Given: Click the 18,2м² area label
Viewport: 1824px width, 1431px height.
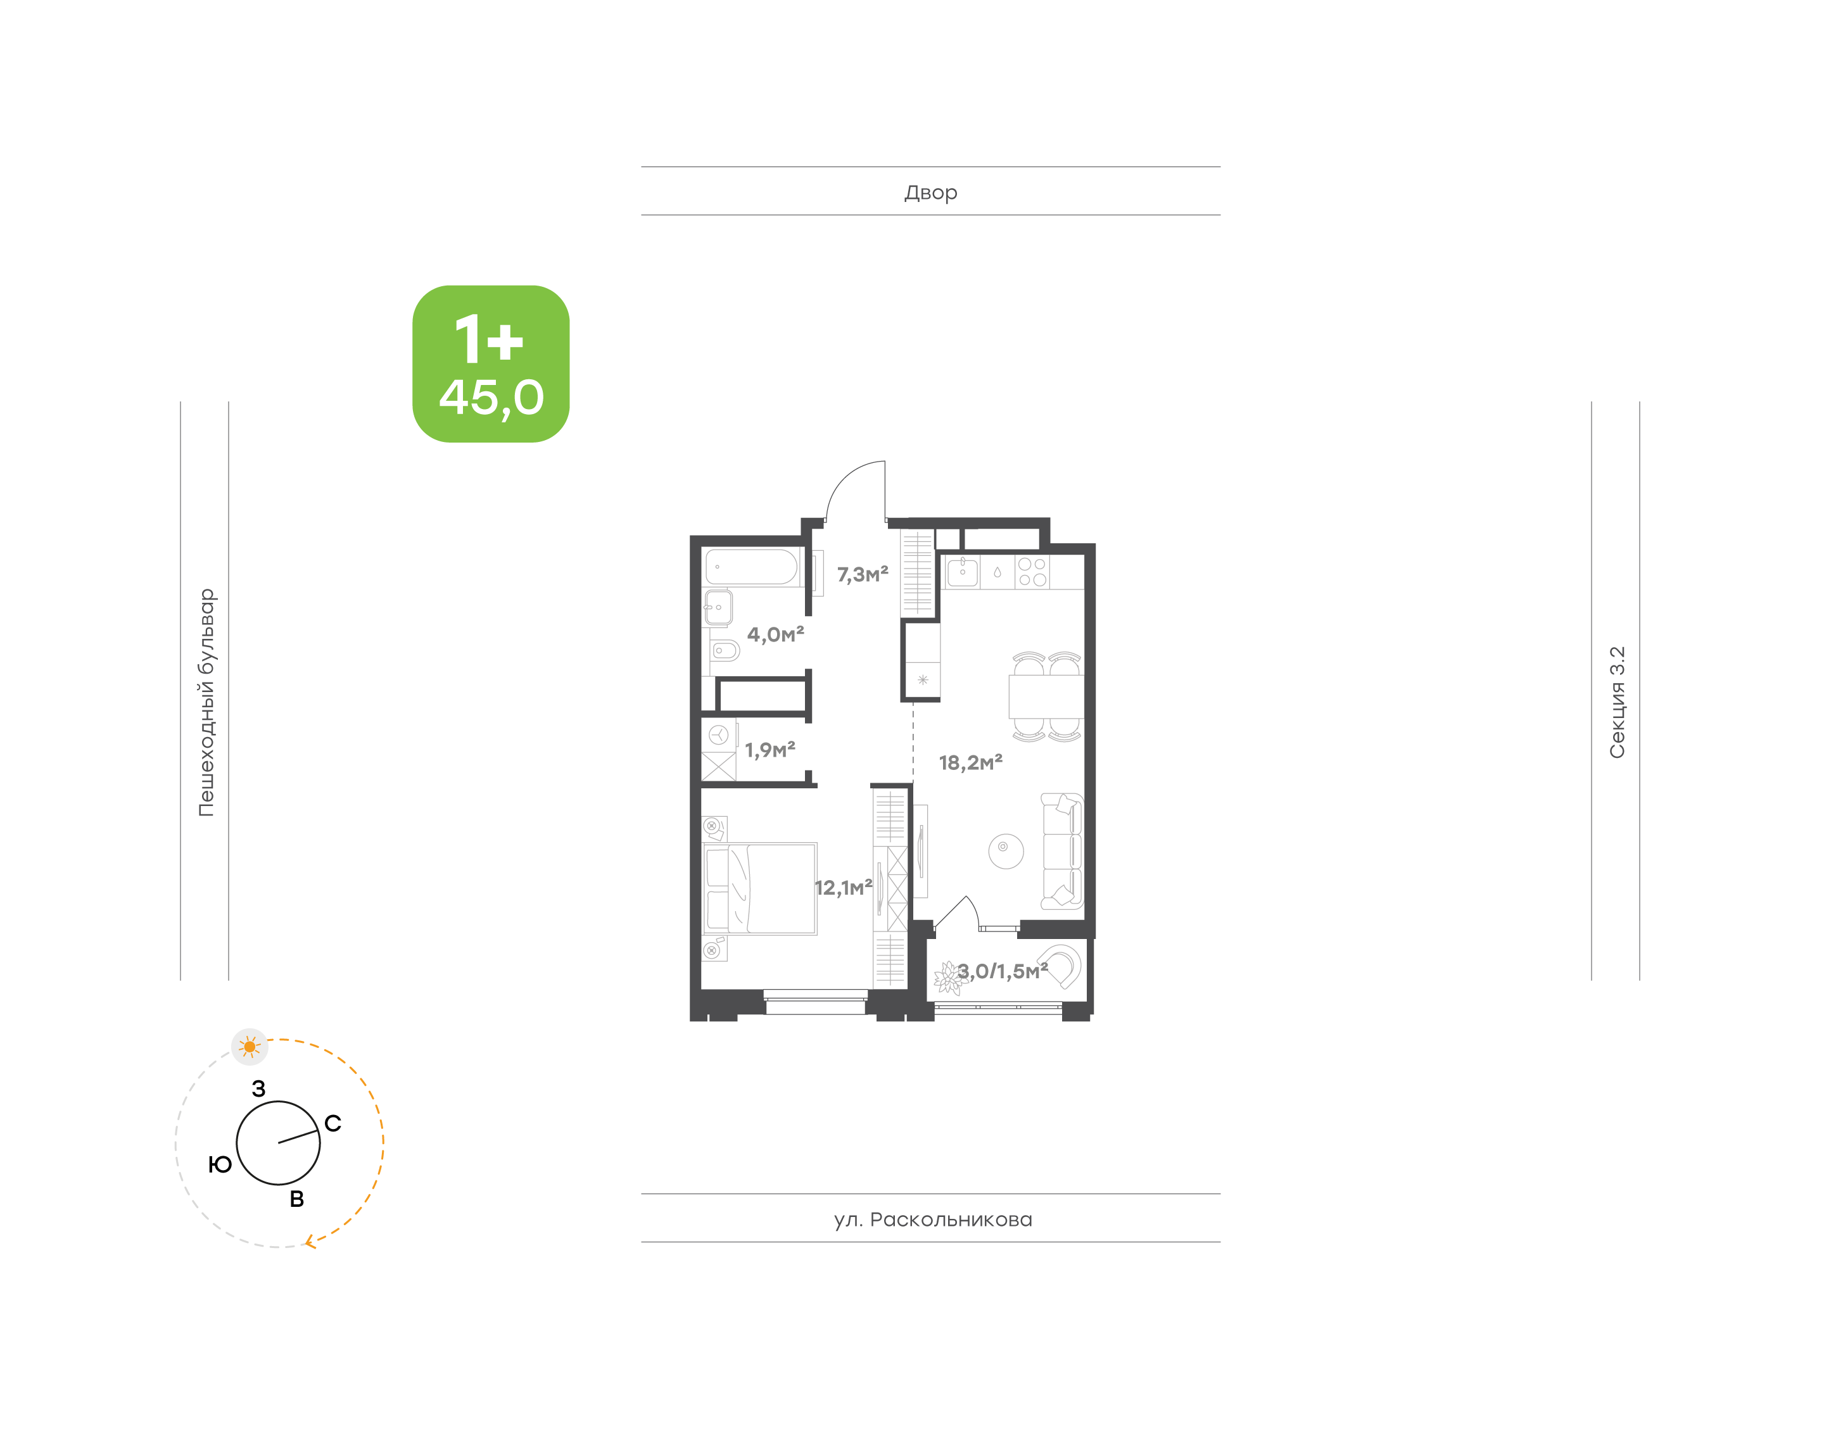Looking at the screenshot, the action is (970, 762).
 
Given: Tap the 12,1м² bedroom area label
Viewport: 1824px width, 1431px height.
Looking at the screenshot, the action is (843, 887).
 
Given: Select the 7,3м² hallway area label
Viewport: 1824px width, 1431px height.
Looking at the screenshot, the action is (862, 574).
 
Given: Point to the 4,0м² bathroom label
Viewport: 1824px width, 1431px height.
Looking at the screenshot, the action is (775, 634).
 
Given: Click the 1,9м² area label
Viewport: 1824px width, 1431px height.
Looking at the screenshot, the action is (769, 749).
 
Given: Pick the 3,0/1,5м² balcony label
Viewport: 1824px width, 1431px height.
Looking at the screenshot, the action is (1002, 971).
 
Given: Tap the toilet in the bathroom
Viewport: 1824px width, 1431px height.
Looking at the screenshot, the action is (725, 650).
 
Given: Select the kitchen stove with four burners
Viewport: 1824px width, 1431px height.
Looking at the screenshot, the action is (1032, 572).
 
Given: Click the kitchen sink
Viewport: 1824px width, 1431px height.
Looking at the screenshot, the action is (962, 573).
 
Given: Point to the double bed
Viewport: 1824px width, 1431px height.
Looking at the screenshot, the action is (759, 889).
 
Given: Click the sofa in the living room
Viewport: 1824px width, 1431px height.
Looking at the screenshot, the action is (1061, 851).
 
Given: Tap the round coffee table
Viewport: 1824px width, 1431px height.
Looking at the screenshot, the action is (1006, 851).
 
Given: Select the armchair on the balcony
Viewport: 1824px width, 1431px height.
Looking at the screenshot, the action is (1061, 966).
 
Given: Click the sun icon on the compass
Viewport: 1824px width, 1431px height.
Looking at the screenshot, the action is (249, 1047).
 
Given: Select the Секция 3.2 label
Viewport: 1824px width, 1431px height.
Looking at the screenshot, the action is (1616, 702).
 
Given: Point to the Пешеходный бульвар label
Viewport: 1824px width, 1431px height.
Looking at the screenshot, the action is (206, 702).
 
